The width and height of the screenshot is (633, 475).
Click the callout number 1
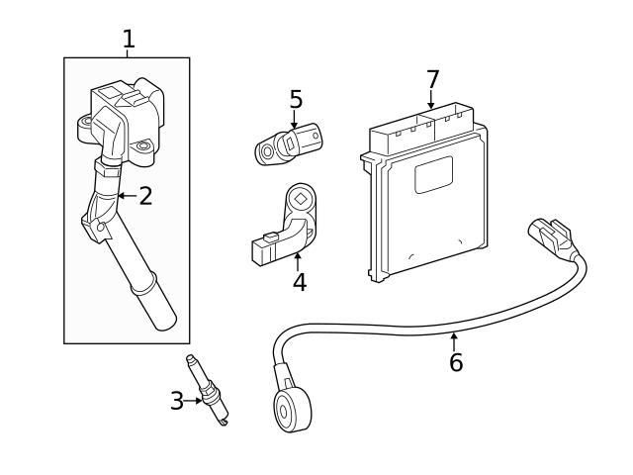click(128, 40)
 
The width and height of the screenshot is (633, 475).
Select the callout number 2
click(145, 196)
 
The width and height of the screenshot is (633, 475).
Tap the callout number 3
click(177, 401)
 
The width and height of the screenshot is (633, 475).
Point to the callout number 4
click(299, 282)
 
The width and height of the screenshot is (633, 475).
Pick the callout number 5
click(296, 100)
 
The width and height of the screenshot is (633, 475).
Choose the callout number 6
click(455, 362)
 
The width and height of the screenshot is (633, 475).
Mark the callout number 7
click(431, 77)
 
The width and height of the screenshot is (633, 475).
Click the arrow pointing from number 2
click(124, 196)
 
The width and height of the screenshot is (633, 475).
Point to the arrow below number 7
click(431, 101)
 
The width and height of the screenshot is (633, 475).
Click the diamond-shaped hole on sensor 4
click(300, 199)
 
